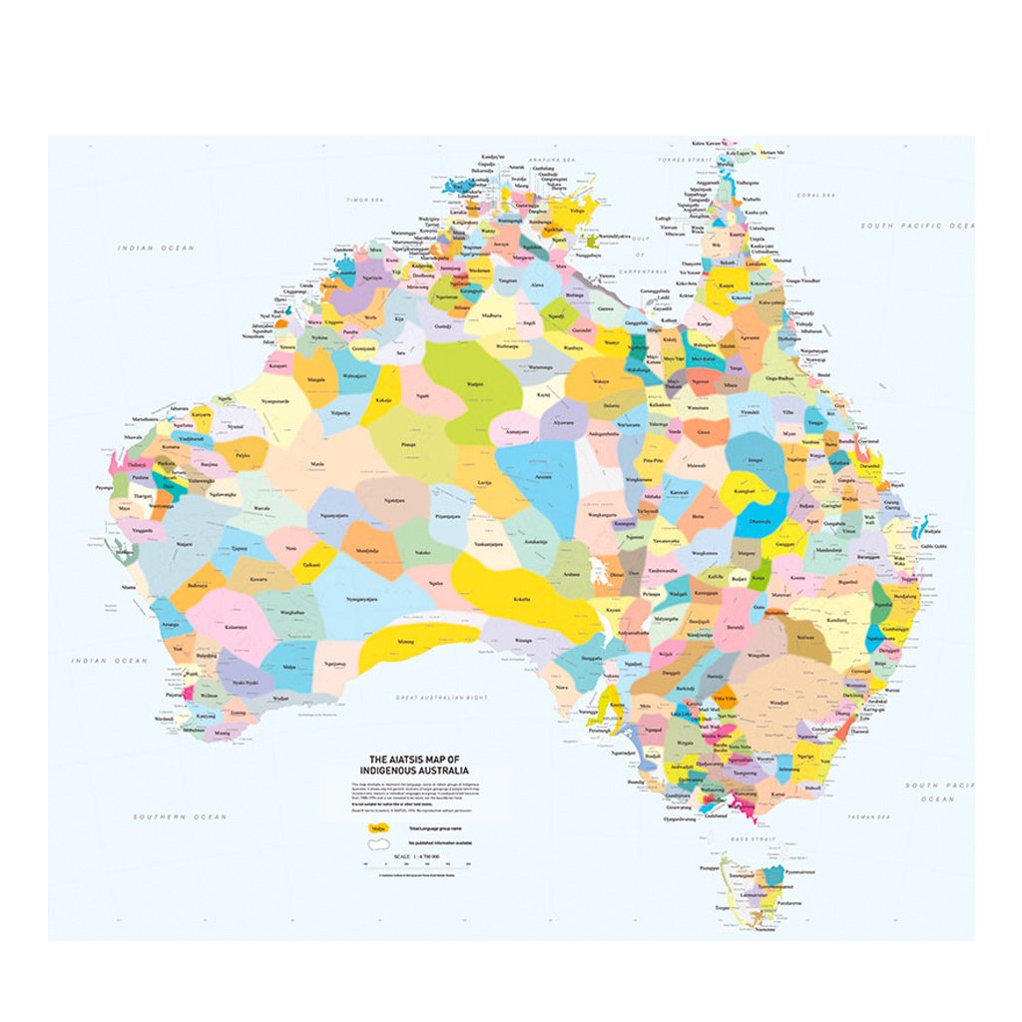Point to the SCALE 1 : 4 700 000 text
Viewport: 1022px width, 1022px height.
tap(419, 856)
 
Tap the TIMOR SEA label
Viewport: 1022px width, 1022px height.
tap(364, 200)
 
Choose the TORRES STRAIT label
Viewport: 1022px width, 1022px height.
tap(680, 160)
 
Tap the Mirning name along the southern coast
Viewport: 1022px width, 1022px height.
tap(406, 642)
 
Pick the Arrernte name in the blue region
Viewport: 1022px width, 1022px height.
tap(543, 477)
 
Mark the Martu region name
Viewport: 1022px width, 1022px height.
tap(317, 464)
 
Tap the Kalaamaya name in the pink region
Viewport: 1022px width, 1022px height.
tap(237, 626)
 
